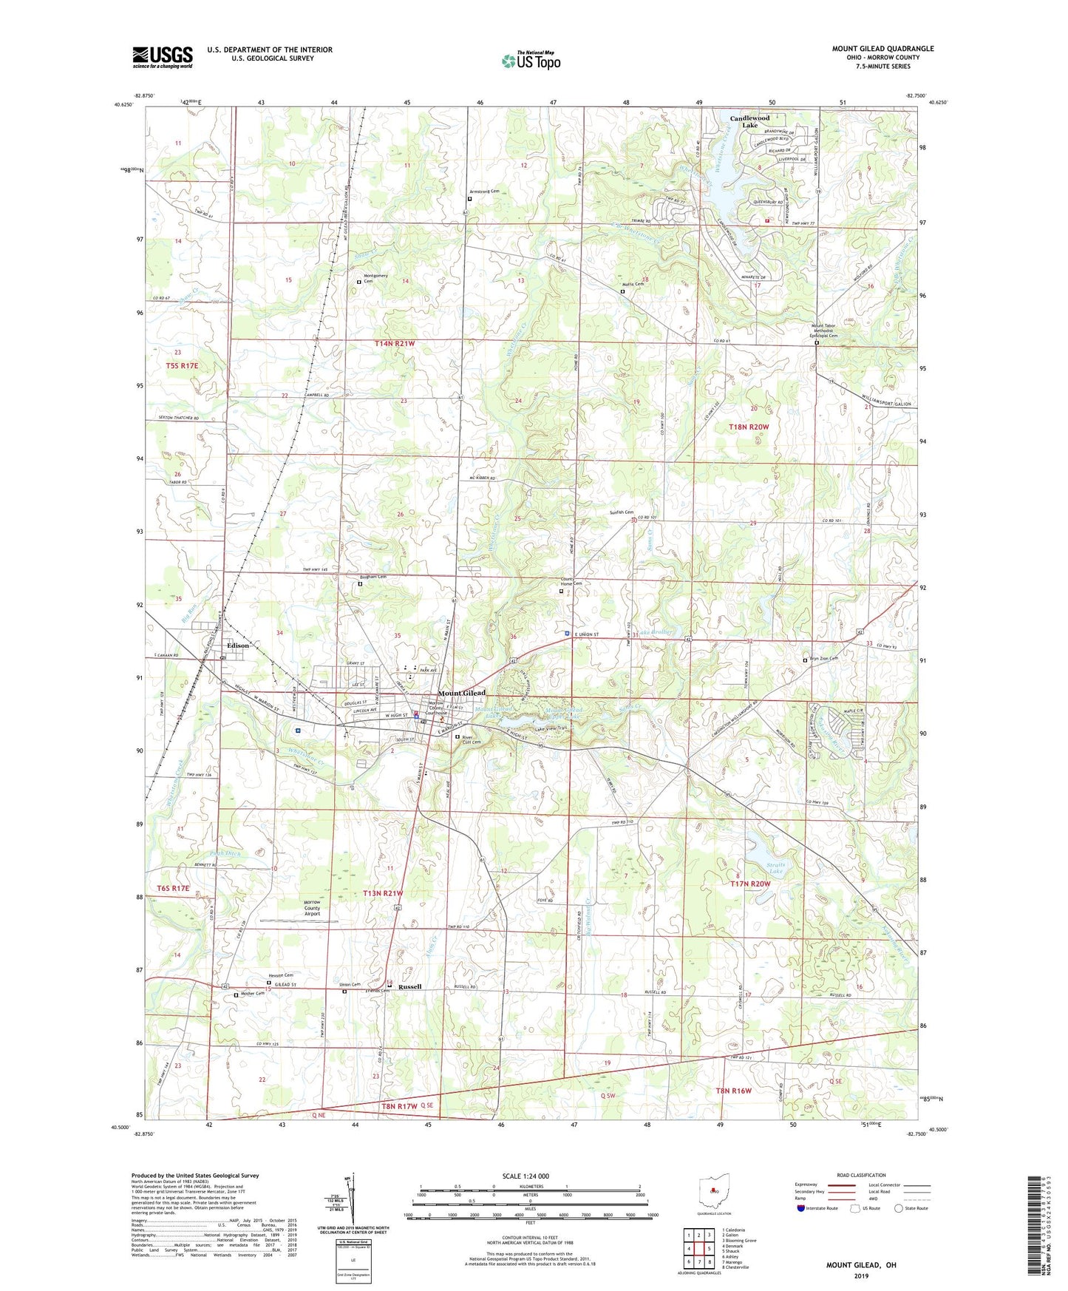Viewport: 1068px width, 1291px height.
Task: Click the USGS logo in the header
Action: pyautogui.click(x=163, y=57)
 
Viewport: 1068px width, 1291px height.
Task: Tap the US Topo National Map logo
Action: pyautogui.click(x=531, y=60)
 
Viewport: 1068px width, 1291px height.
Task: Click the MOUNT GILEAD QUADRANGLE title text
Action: pyautogui.click(x=882, y=49)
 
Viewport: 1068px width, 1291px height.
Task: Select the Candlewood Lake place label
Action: pyautogui.click(x=749, y=121)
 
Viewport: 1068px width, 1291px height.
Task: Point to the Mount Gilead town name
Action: pyautogui.click(x=462, y=693)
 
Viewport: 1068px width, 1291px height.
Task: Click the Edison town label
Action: pyautogui.click(x=238, y=645)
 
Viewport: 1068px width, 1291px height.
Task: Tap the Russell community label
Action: pyautogui.click(x=409, y=987)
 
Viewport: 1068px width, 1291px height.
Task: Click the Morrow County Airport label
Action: pyautogui.click(x=312, y=908)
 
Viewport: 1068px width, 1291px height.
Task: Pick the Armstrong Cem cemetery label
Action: pyautogui.click(x=484, y=192)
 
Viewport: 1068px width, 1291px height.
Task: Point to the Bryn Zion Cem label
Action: pyautogui.click(x=823, y=659)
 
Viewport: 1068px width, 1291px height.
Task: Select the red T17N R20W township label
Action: pyautogui.click(x=750, y=884)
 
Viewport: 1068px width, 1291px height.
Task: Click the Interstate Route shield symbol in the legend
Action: pyautogui.click(x=801, y=1208)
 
